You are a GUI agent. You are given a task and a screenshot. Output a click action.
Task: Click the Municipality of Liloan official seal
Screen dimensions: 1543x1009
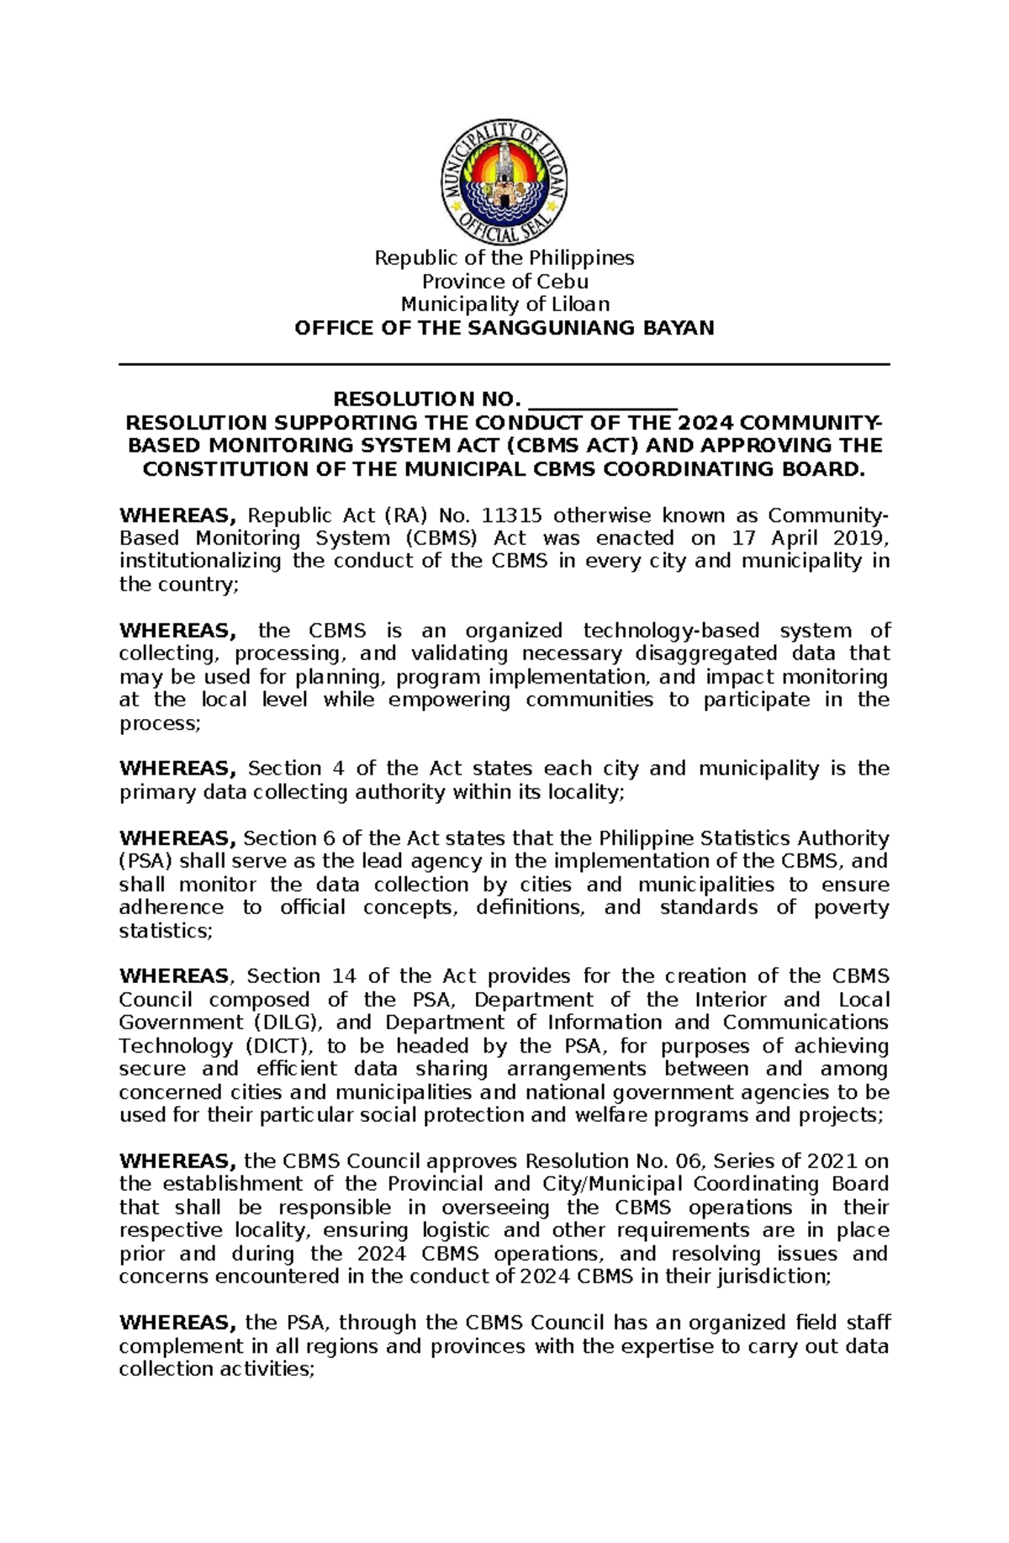tap(504, 182)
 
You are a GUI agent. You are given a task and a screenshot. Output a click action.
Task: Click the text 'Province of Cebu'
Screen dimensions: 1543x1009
tap(504, 281)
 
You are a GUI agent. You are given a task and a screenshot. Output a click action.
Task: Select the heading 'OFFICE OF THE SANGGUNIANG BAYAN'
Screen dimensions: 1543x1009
tap(504, 328)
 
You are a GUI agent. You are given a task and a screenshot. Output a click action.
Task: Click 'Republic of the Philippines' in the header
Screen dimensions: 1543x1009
tap(504, 257)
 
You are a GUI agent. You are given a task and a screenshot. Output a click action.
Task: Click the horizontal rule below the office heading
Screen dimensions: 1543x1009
tap(504, 365)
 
